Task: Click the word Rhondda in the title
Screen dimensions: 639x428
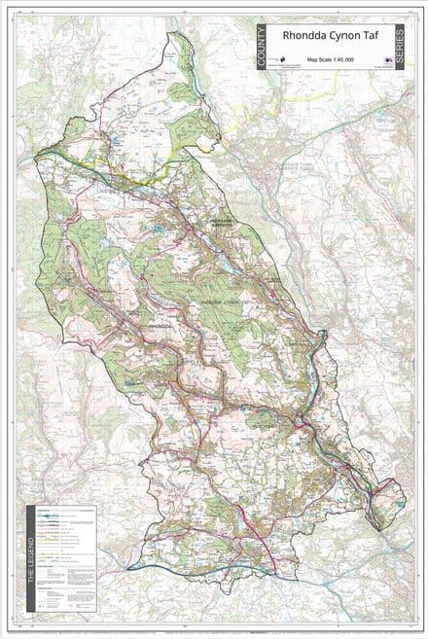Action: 301,37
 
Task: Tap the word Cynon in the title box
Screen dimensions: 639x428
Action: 336,37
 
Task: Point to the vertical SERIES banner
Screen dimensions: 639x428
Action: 401,49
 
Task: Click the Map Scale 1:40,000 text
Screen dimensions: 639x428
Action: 332,60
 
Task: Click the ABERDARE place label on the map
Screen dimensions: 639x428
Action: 225,222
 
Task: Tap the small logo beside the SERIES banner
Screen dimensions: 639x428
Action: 386,60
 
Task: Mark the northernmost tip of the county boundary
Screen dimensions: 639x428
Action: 175,33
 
